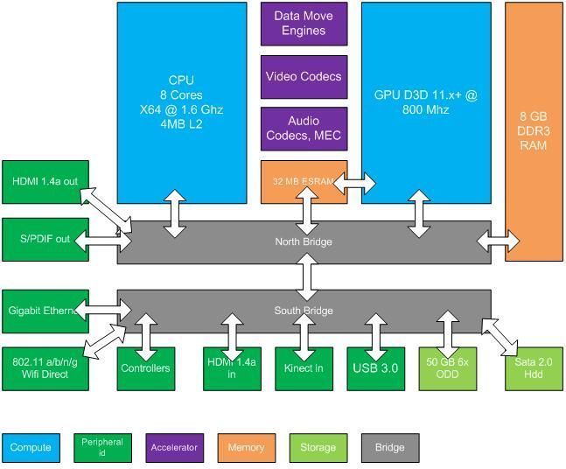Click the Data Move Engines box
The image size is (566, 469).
click(304, 24)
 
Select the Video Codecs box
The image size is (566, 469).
click(304, 77)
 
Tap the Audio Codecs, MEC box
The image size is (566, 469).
click(304, 129)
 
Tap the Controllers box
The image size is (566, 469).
click(146, 368)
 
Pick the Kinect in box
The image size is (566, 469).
click(304, 368)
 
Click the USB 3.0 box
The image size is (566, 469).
click(375, 368)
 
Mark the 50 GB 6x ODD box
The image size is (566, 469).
click(449, 368)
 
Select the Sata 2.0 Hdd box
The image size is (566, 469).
click(533, 368)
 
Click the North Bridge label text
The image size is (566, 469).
click(304, 242)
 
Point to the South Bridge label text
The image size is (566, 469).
click(304, 311)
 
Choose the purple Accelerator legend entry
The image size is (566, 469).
click(174, 447)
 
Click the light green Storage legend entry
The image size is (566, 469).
click(318, 447)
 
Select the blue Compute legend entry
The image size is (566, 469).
click(31, 447)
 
